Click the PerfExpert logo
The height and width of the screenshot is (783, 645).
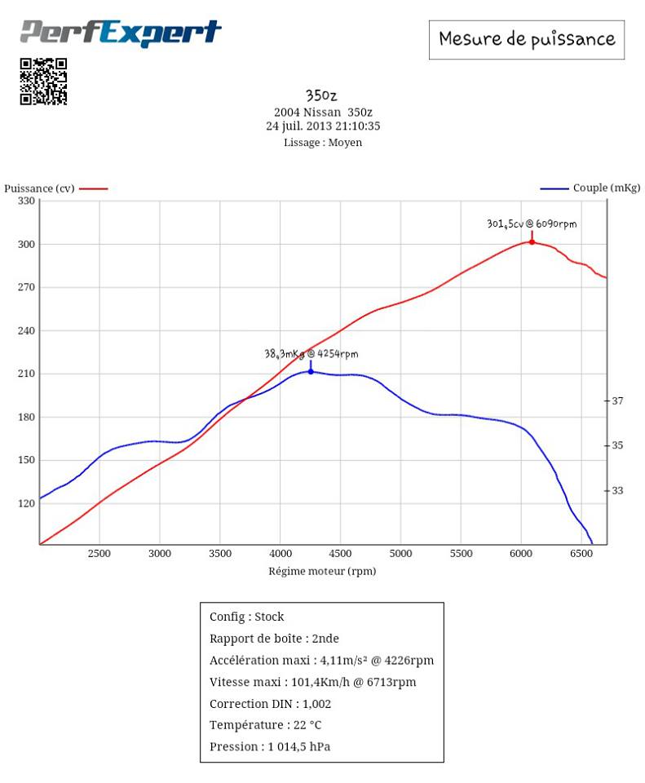pyautogui.click(x=121, y=33)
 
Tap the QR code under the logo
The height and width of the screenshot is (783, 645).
pyautogui.click(x=43, y=82)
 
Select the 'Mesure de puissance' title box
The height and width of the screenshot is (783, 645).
pyautogui.click(x=526, y=38)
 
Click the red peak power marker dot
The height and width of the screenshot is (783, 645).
pyautogui.click(x=532, y=241)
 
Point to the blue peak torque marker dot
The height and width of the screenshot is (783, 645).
pyautogui.click(x=311, y=371)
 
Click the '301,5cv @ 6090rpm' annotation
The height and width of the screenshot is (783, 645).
pyautogui.click(x=532, y=223)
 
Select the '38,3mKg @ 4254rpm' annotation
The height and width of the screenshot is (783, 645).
pyautogui.click(x=311, y=354)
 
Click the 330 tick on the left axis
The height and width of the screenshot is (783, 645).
pyautogui.click(x=27, y=201)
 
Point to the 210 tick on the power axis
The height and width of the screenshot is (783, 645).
pyautogui.click(x=27, y=374)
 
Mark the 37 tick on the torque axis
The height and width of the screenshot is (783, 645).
pyautogui.click(x=617, y=400)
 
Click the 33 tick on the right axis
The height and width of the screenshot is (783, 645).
pyautogui.click(x=617, y=490)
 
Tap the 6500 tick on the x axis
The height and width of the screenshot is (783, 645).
pyautogui.click(x=581, y=554)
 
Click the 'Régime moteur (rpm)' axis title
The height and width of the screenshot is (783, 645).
pyautogui.click(x=322, y=571)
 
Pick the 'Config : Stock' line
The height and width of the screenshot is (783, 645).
pyautogui.click(x=247, y=617)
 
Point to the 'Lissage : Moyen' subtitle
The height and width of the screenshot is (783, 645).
pyautogui.click(x=323, y=142)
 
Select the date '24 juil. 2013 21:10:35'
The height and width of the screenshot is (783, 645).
pyautogui.click(x=323, y=126)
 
